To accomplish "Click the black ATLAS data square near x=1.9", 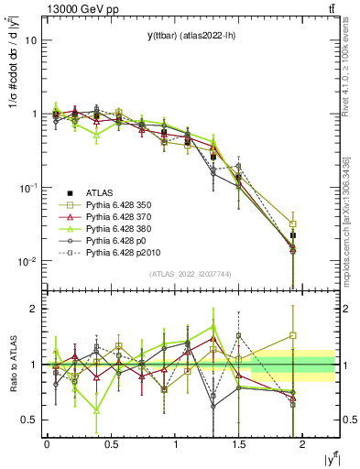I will pyautogui.click(x=293, y=235).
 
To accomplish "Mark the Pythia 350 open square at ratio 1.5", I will pyautogui.click(x=293, y=335).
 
